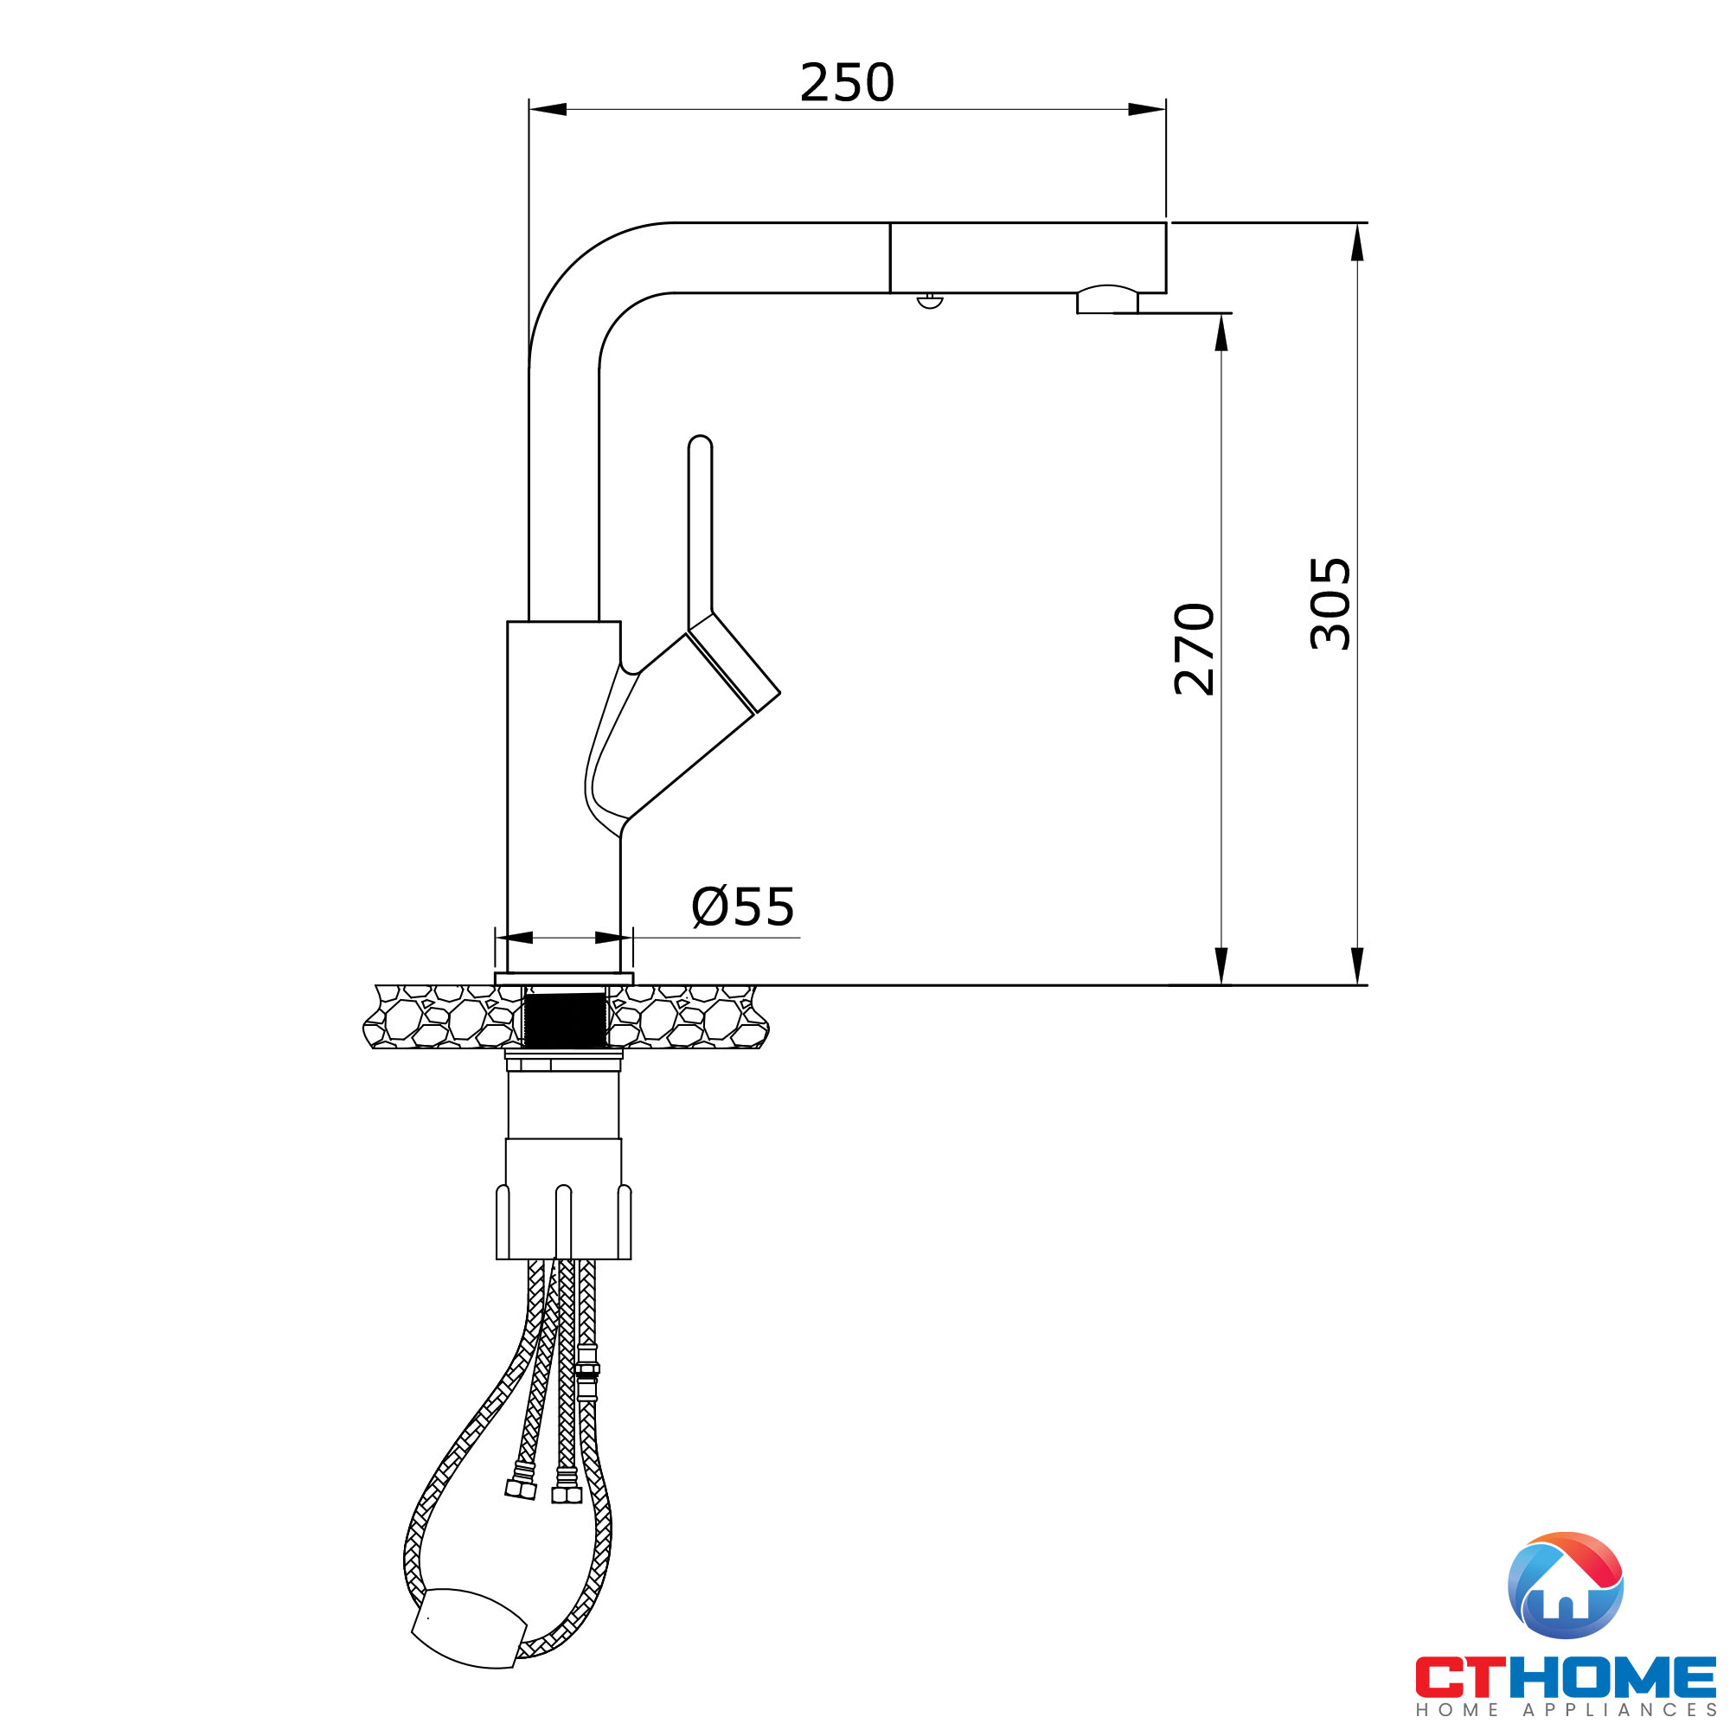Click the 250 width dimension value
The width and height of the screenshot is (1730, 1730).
pyautogui.click(x=846, y=82)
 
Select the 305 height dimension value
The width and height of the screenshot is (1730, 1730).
pyautogui.click(x=1330, y=604)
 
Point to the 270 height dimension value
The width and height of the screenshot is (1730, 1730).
pyautogui.click(x=1194, y=650)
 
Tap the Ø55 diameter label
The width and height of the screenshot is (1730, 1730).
pyautogui.click(x=743, y=907)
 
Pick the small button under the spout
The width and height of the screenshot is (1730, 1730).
pyautogui.click(x=931, y=301)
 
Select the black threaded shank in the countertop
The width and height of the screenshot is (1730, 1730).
pyautogui.click(x=564, y=1019)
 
